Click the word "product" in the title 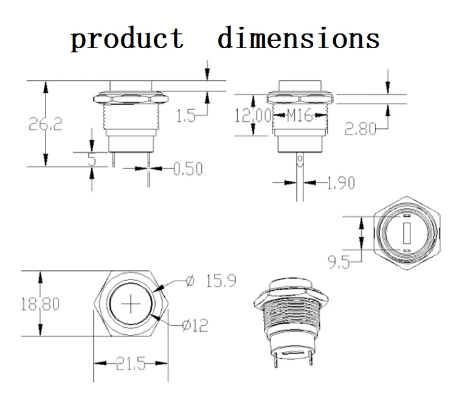click(127, 38)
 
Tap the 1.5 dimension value click(186, 116)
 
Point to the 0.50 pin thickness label click(187, 169)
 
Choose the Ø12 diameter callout click(195, 326)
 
